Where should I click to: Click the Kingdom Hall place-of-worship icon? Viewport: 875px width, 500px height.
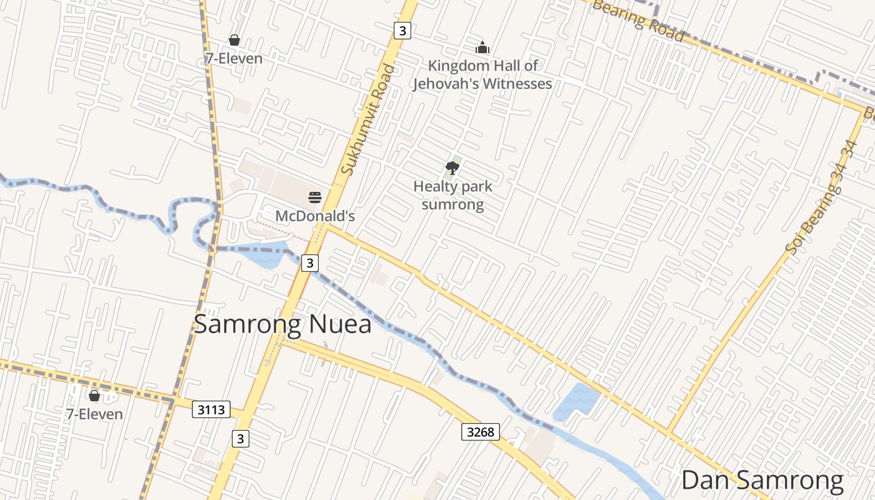(482, 47)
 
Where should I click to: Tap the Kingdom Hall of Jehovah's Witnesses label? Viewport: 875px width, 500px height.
(482, 74)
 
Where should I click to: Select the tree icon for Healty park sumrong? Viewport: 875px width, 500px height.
(452, 167)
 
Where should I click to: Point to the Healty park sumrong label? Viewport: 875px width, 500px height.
(452, 195)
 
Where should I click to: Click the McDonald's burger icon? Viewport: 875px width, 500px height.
(315, 198)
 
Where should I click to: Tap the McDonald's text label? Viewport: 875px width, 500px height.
(315, 216)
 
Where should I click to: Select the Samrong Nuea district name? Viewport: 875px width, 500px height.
(282, 324)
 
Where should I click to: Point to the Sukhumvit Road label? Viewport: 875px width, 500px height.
(369, 119)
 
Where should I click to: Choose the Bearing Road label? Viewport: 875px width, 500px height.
(637, 21)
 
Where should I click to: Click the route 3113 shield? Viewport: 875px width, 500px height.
(211, 410)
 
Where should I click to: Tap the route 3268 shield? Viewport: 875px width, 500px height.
(481, 432)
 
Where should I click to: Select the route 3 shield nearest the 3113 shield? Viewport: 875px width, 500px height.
(240, 439)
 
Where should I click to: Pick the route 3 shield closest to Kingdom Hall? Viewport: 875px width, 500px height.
(402, 30)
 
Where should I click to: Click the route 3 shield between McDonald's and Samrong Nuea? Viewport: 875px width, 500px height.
(310, 263)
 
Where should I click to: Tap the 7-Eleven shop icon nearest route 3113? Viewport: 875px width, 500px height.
(94, 396)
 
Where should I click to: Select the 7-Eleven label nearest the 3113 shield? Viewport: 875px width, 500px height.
(94, 414)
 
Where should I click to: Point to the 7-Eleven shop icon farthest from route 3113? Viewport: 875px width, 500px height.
(234, 41)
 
